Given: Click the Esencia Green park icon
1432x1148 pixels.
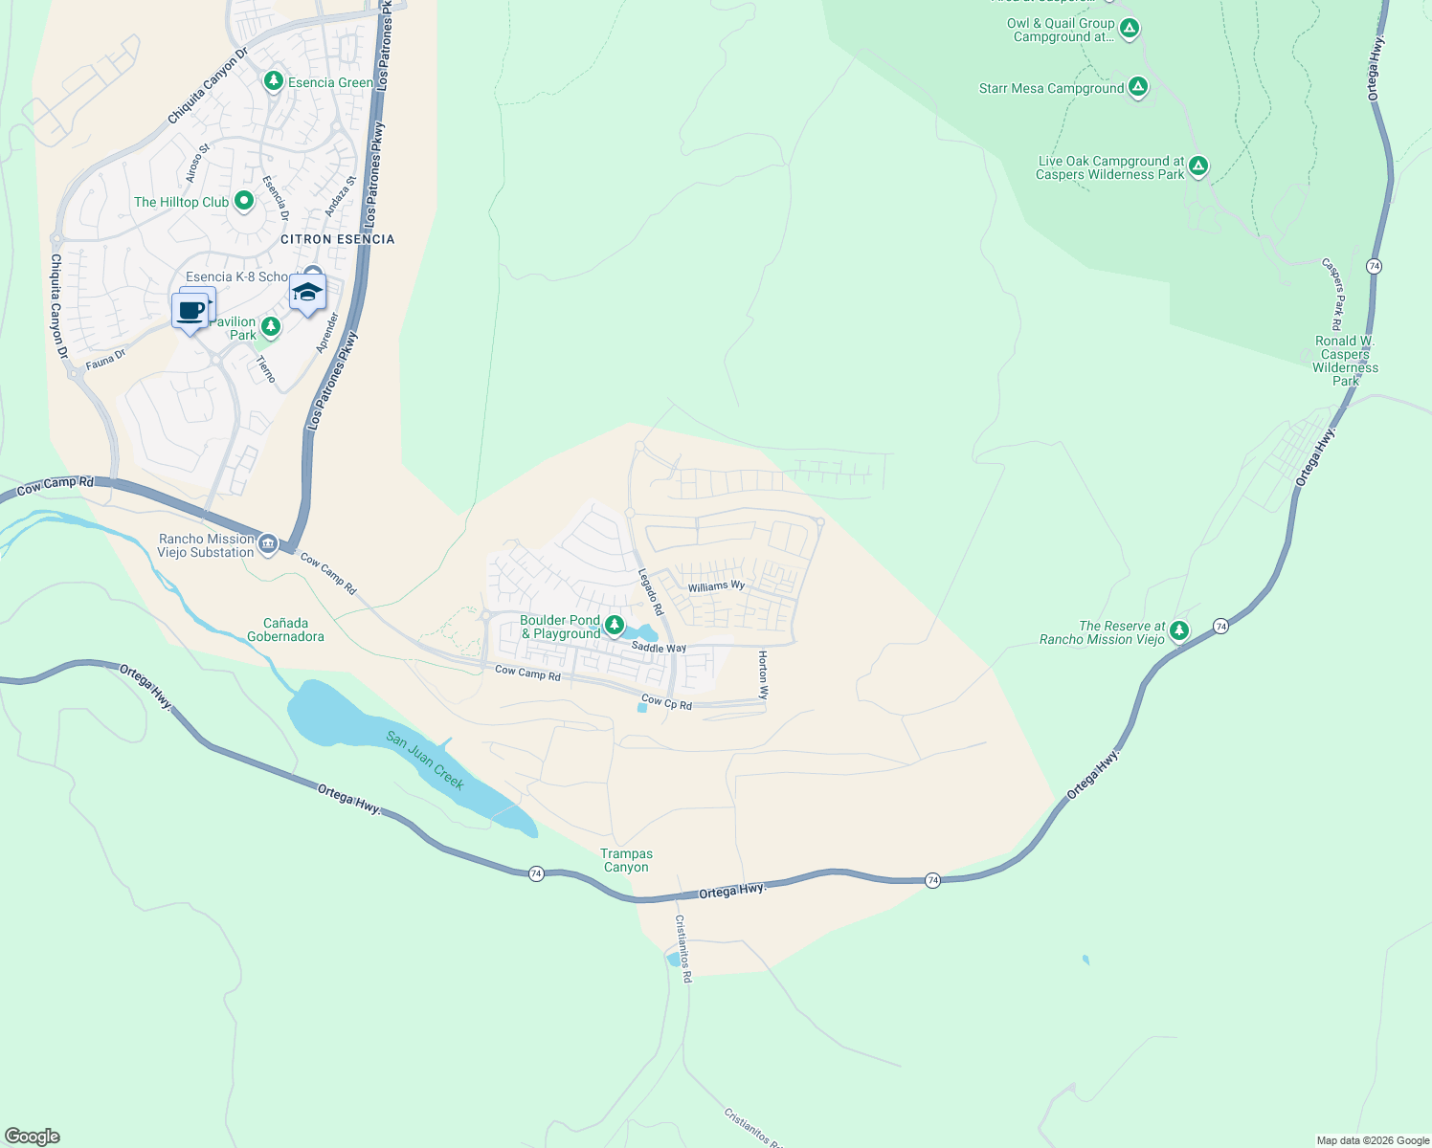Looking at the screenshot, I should pyautogui.click(x=274, y=81).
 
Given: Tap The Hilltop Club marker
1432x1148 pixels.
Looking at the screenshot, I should pyautogui.click(x=243, y=201).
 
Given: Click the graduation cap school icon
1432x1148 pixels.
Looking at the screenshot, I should pyautogui.click(x=307, y=293).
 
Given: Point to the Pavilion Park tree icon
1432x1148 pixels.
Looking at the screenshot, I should pyautogui.click(x=271, y=328).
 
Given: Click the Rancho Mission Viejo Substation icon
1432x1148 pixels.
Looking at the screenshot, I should pyautogui.click(x=268, y=545).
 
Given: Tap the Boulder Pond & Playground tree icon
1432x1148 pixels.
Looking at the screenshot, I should pyautogui.click(x=614, y=627).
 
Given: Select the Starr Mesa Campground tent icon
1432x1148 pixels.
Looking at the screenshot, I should pyautogui.click(x=1138, y=88).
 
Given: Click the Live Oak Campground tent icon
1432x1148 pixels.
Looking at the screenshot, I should pyautogui.click(x=1198, y=167).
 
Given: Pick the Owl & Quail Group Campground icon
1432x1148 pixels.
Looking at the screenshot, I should pyautogui.click(x=1130, y=30).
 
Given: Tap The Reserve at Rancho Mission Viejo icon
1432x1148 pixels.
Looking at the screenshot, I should pyautogui.click(x=1179, y=631).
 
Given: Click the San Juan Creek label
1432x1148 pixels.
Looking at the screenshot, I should pyautogui.click(x=426, y=761).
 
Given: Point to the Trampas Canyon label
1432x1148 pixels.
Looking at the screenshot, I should pyautogui.click(x=626, y=860).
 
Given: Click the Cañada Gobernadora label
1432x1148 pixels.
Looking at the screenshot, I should pyautogui.click(x=285, y=629).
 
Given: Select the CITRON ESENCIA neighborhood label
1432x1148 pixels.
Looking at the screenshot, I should pyautogui.click(x=337, y=239).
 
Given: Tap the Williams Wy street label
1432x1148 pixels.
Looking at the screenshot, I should pyautogui.click(x=716, y=586).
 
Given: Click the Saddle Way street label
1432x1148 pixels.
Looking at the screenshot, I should pyautogui.click(x=659, y=648).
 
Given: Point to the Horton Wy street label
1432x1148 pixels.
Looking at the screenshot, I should pyautogui.click(x=763, y=674).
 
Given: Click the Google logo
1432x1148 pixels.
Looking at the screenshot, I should pyautogui.click(x=33, y=1137).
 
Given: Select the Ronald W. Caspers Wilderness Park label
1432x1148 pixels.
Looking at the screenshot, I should pyautogui.click(x=1345, y=361).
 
